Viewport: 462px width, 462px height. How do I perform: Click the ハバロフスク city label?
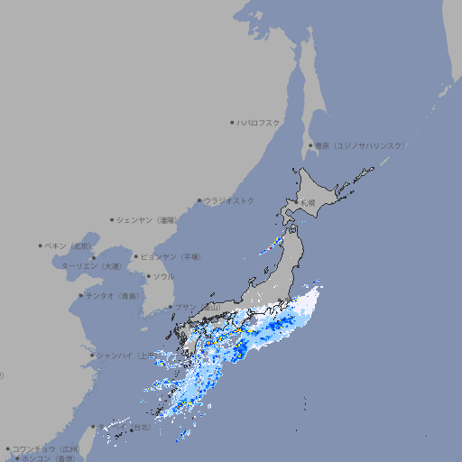259,122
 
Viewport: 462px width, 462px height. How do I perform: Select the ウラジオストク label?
229,200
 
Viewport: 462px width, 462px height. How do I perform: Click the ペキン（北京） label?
69,245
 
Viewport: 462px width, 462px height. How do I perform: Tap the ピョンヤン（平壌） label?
171,256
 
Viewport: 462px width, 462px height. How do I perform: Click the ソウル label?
163,276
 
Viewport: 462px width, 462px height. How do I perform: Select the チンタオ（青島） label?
113,295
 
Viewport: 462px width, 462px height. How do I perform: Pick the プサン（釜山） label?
198,308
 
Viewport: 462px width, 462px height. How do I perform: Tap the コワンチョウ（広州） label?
45,448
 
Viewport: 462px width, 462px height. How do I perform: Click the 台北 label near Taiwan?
143,427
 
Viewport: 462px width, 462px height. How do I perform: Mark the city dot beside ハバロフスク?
232,122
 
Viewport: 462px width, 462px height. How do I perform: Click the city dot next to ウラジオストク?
199,200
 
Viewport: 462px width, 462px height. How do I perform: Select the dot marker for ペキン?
41,245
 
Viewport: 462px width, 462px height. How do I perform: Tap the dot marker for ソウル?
148,276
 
